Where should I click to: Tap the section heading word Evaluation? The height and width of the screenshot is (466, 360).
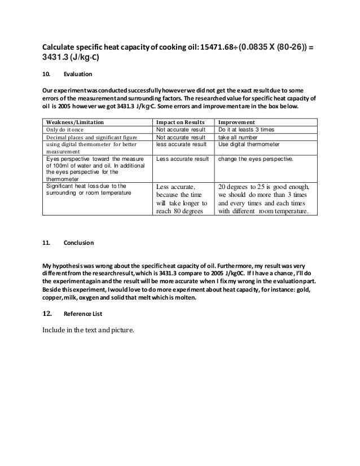(x=78, y=74)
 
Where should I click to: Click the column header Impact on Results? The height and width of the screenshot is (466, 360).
(x=178, y=121)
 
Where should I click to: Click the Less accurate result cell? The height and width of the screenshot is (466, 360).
(x=179, y=160)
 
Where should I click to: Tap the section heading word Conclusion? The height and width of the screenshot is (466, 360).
(x=79, y=244)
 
